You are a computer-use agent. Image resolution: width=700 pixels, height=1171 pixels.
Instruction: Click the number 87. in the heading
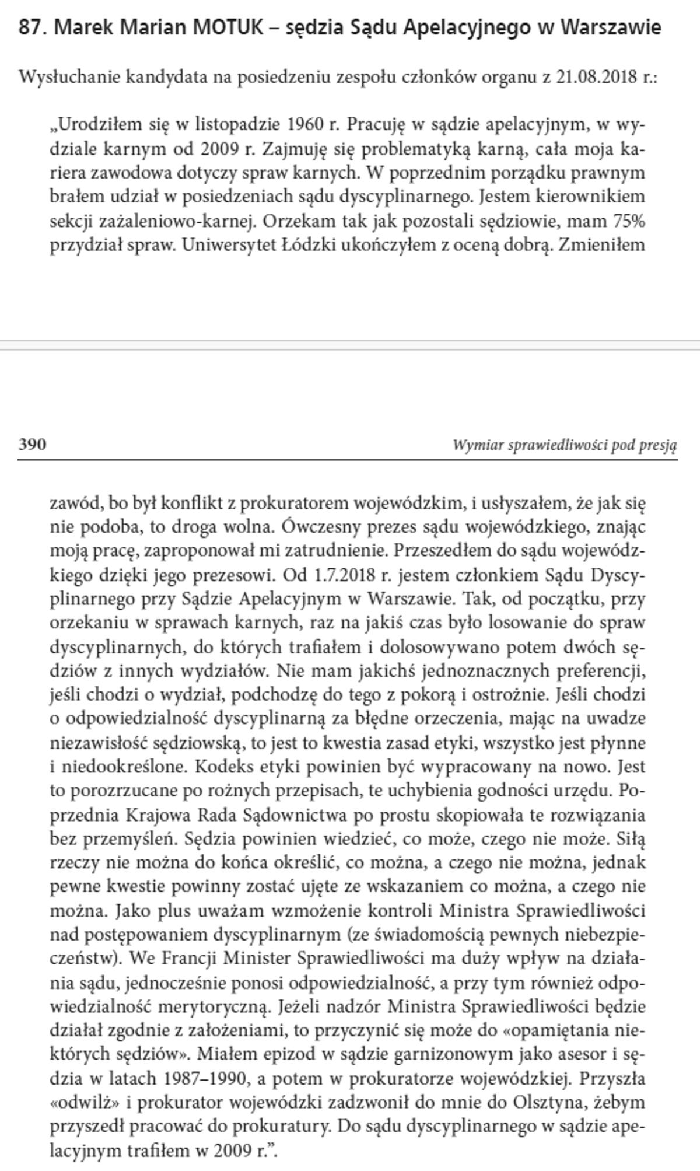point(33,27)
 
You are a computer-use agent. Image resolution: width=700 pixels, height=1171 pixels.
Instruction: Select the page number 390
point(32,445)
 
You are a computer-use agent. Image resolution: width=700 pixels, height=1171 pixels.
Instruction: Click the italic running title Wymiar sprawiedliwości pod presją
point(565,446)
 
